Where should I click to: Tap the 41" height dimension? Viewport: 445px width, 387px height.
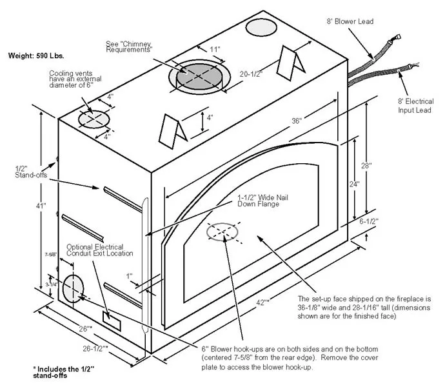pyautogui.click(x=41, y=206)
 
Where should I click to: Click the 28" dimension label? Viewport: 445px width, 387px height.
pyautogui.click(x=366, y=166)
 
